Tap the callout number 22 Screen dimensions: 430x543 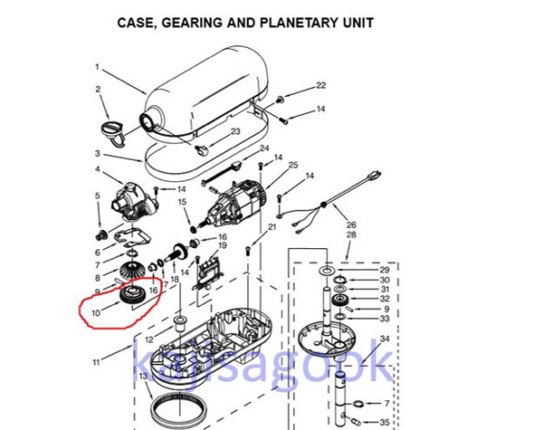point(320,86)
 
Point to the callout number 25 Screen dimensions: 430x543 point(293,166)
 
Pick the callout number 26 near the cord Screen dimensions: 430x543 point(352,225)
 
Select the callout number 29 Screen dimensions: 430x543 point(385,271)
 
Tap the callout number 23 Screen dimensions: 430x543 point(235,132)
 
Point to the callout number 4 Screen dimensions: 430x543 point(97,168)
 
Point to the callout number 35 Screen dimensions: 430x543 point(385,422)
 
